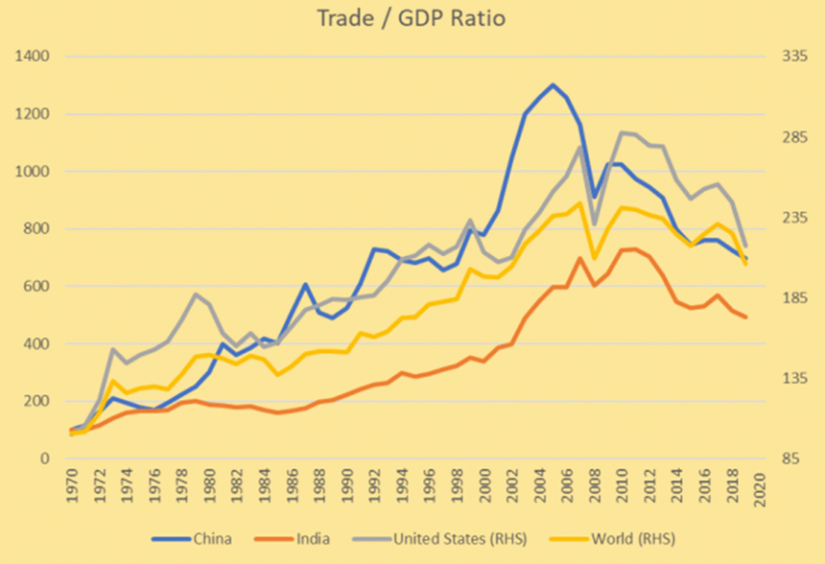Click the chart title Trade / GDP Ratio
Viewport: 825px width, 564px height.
coord(412,19)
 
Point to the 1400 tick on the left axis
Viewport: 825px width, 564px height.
coord(32,57)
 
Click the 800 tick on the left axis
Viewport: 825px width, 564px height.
coord(35,228)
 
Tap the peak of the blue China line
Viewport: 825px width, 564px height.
coord(553,84)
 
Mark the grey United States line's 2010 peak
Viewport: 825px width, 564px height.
coord(621,132)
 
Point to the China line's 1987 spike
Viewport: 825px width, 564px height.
coord(304,284)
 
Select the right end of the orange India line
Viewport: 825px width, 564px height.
coord(745,317)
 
